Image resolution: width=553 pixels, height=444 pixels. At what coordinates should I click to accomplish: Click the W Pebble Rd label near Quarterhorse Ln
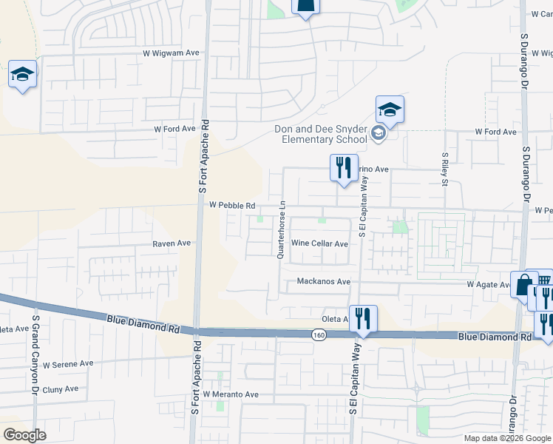232,205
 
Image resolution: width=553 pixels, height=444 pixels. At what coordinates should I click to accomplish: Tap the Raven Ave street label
172,243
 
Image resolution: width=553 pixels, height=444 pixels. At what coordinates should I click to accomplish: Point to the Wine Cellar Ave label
319,243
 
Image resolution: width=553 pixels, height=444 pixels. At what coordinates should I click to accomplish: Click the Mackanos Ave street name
323,281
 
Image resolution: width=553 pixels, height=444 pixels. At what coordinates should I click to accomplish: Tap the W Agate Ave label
489,284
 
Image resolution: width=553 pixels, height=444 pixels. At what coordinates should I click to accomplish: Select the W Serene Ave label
68,363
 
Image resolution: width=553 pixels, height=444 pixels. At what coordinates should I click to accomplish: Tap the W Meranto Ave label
231,394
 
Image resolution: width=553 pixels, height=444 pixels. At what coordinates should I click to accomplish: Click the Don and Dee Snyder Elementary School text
321,134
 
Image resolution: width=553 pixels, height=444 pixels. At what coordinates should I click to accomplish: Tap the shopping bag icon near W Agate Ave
523,284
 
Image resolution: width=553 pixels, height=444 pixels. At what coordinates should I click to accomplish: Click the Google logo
24,434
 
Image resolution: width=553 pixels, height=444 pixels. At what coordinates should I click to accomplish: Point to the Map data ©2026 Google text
506,438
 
